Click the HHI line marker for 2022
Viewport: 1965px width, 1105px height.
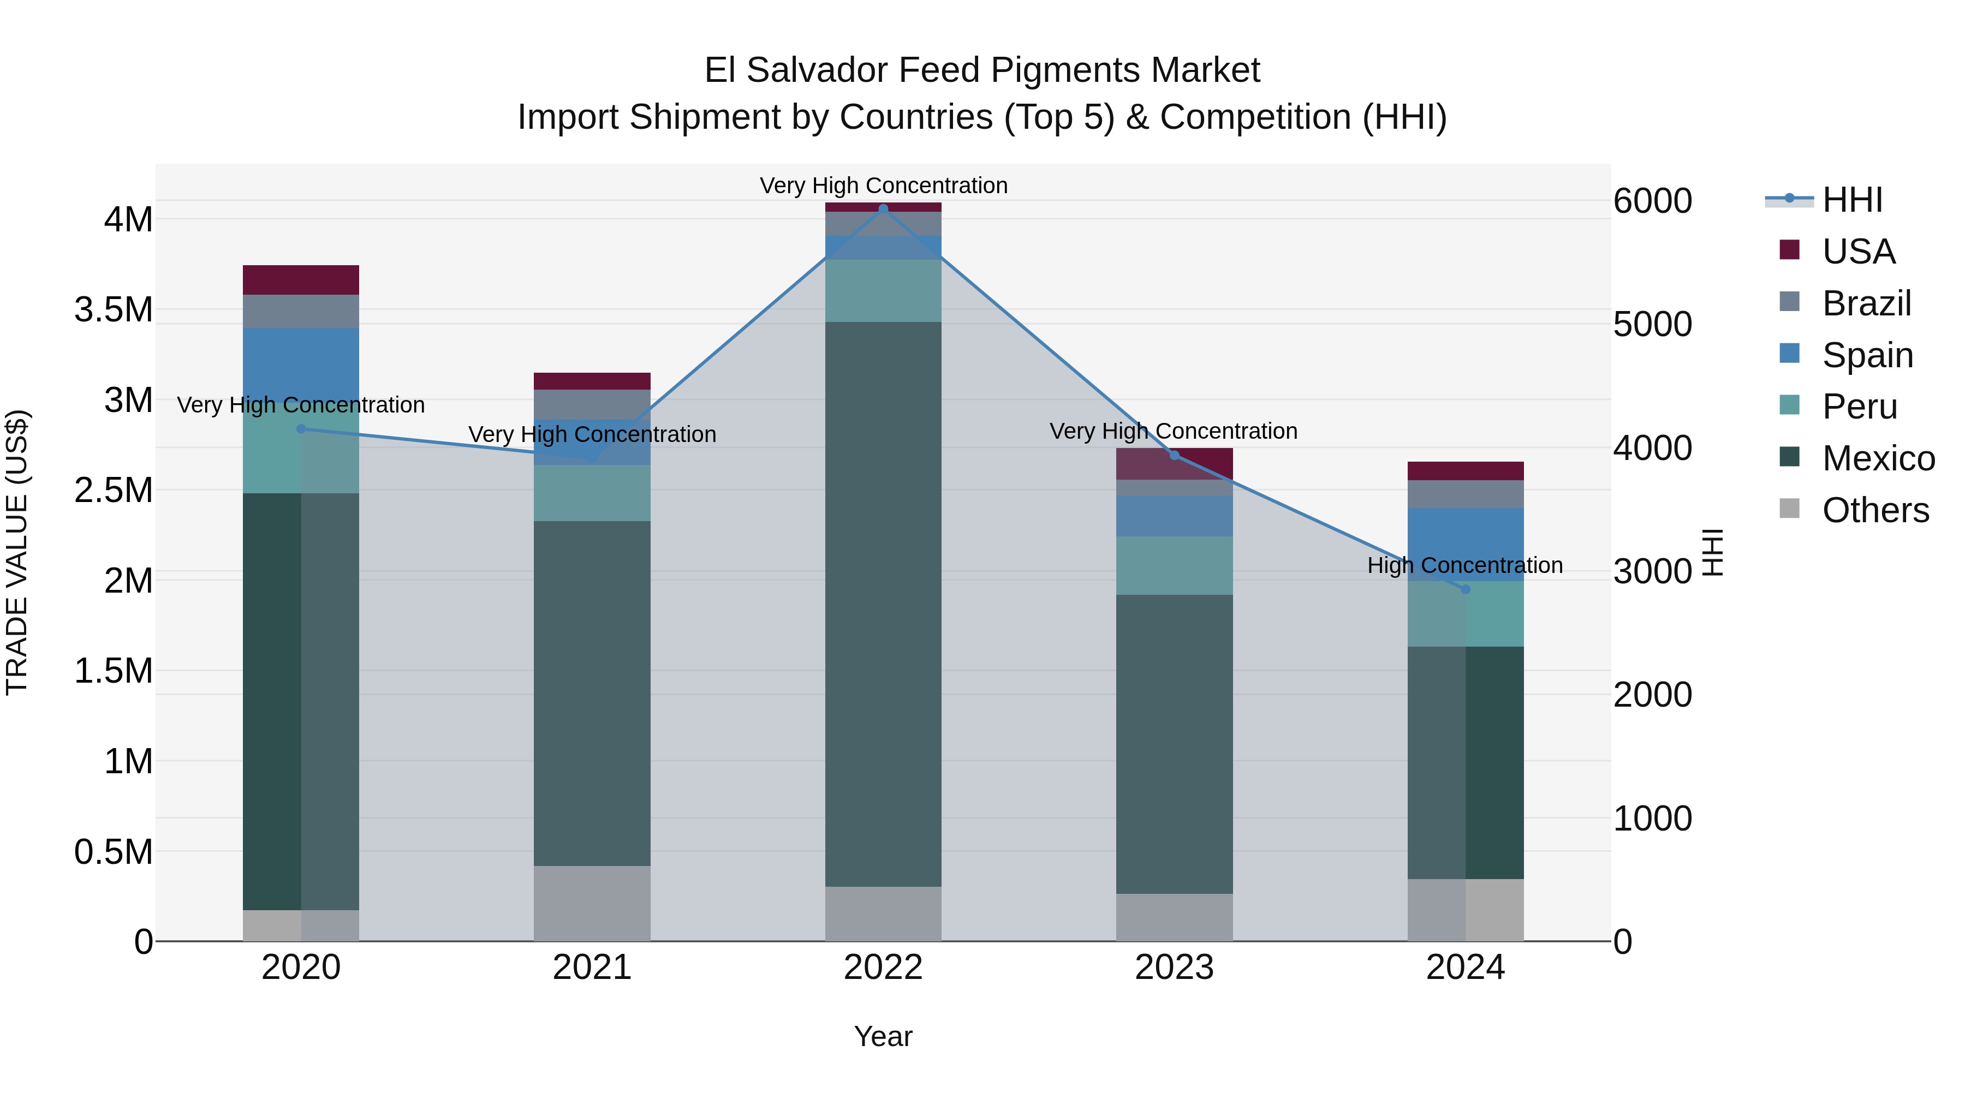[883, 209]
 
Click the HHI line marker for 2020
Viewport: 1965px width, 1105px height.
[301, 428]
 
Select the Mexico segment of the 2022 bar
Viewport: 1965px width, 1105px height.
[883, 602]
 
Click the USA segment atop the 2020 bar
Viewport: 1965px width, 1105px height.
[301, 280]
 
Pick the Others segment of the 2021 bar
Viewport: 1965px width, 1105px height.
[592, 903]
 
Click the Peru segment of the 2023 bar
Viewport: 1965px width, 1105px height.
[1174, 565]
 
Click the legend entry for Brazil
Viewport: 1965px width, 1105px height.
[1866, 303]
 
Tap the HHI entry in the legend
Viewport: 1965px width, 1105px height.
[1851, 200]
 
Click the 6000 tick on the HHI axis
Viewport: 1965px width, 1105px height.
[1652, 201]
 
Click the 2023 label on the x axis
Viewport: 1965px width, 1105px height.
[1174, 967]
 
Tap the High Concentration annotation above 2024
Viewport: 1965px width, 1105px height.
[1464, 565]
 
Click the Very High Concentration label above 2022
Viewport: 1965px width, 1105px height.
[883, 186]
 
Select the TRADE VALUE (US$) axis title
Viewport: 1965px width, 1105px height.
[17, 552]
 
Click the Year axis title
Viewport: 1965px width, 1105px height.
[883, 1036]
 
